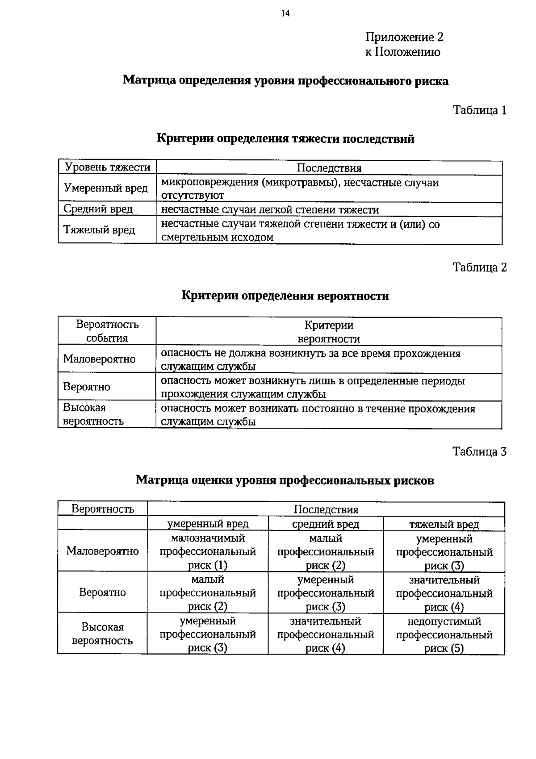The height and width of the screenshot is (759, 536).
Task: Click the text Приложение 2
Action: point(404,37)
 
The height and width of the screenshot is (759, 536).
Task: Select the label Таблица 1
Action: point(480,110)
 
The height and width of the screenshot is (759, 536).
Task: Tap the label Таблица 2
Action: point(480,267)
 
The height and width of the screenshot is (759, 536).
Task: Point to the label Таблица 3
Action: point(480,452)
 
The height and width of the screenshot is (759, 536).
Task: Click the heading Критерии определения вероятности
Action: point(285,296)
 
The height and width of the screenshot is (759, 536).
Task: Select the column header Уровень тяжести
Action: point(107,167)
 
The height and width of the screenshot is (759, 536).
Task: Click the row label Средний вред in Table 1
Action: point(98,209)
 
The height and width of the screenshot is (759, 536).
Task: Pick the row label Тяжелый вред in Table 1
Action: point(99,230)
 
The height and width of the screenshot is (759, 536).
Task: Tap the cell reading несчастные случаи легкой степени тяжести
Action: point(270,210)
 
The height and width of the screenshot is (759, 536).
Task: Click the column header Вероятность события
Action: point(107,331)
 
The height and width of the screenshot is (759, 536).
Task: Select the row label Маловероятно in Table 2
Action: point(99,359)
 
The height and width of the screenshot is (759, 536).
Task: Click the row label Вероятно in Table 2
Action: point(87,387)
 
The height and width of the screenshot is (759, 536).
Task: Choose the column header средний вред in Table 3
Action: point(326,524)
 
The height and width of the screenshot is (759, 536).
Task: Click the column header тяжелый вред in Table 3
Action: point(444,524)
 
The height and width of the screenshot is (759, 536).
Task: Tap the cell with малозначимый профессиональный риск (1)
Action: point(208,551)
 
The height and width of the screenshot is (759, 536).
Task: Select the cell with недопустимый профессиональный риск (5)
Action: point(444,634)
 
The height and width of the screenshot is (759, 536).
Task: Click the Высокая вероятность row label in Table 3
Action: point(102,634)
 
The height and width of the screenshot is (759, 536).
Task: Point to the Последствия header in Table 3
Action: point(326,509)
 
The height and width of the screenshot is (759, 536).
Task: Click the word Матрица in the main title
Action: point(150,81)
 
